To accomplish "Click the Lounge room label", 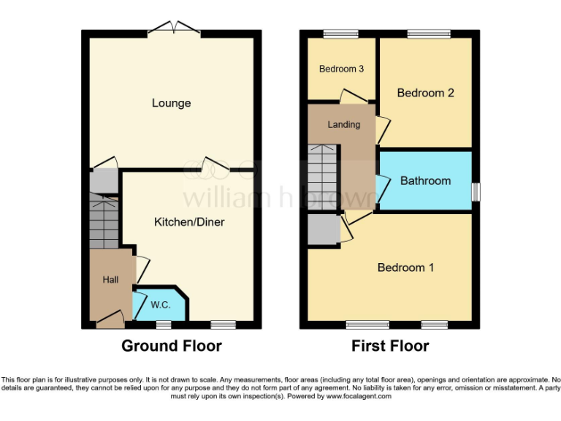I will tap(171, 103).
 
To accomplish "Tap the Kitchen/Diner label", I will tap(188, 222).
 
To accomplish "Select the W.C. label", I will tap(160, 305).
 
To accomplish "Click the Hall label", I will tap(110, 279).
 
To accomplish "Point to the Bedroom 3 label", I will tap(341, 69).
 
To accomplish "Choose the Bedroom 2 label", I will tap(425, 93).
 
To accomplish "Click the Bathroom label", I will tap(425, 181).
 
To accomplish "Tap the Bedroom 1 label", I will tap(405, 268).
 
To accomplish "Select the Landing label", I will tap(343, 124).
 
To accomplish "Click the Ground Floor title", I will tap(171, 346).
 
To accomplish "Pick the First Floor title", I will tap(390, 346).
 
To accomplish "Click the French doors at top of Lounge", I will tap(174, 30).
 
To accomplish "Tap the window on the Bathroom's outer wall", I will tap(476, 191).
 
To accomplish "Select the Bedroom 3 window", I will tap(341, 33).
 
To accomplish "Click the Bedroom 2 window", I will tap(429, 33).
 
